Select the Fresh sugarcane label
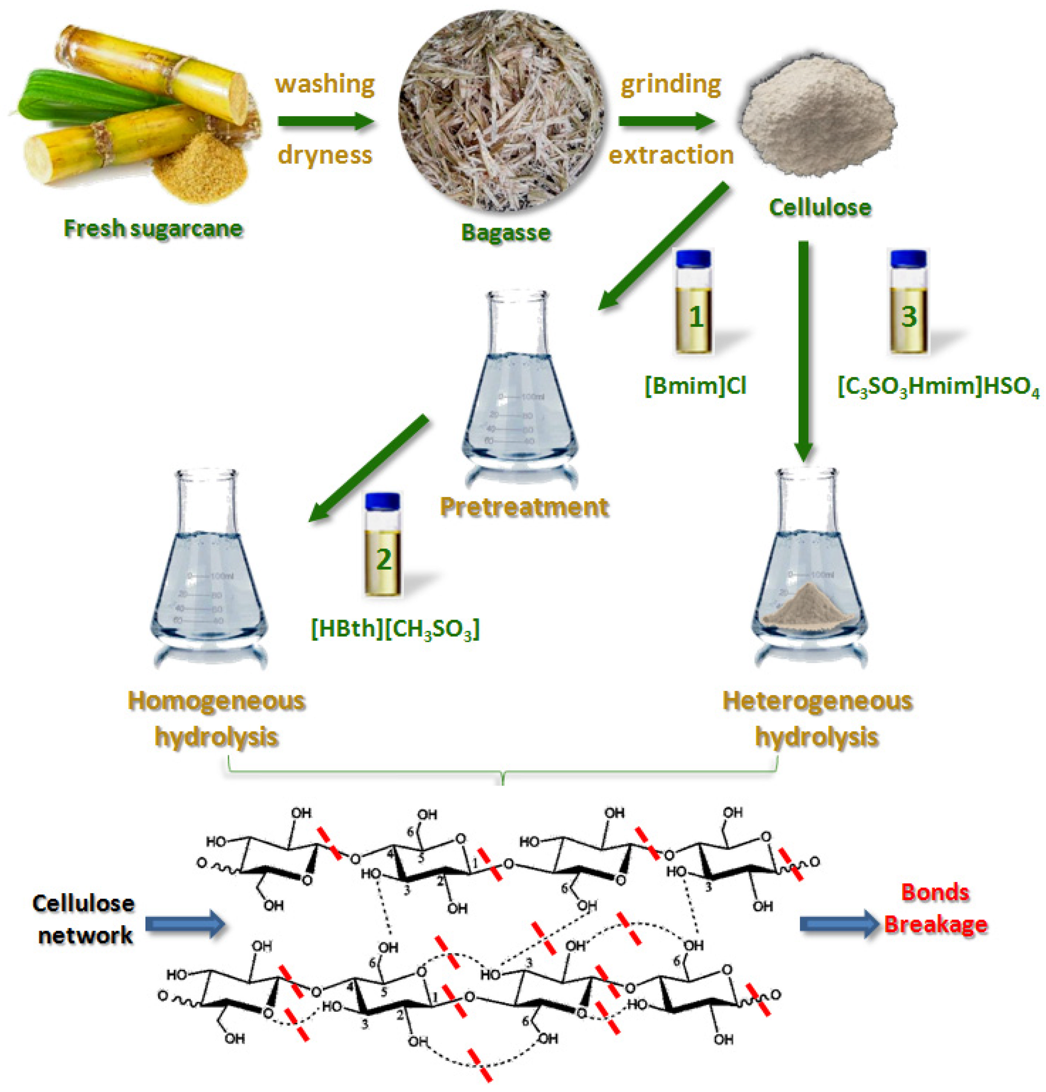(153, 228)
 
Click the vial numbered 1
(693, 302)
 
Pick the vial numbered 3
(908, 302)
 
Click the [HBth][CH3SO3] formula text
(395, 629)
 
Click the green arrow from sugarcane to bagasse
(325, 121)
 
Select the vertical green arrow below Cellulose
(803, 351)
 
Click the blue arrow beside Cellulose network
(185, 924)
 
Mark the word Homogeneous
(216, 700)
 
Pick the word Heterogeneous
(817, 700)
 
